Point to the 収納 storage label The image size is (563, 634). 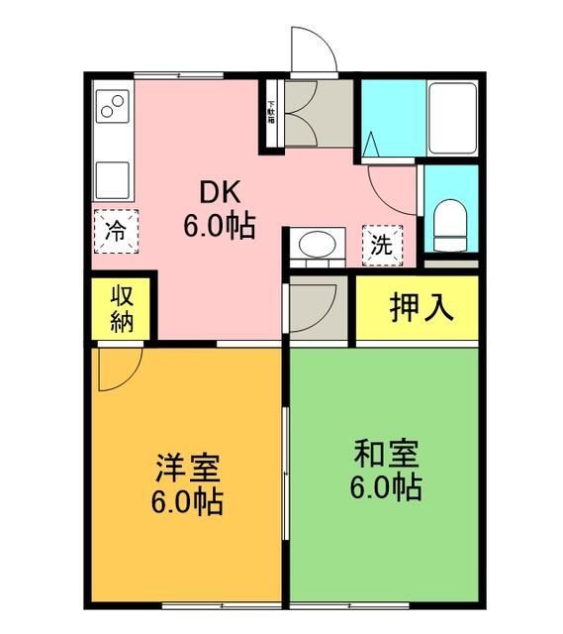(122, 308)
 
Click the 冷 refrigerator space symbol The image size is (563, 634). (116, 234)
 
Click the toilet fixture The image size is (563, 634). (450, 224)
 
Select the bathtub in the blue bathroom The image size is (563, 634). (451, 117)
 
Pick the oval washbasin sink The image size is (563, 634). (317, 245)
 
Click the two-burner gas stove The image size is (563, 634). (113, 107)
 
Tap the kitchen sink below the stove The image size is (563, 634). (113, 178)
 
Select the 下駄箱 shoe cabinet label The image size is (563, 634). (271, 110)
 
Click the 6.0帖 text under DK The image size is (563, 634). (219, 226)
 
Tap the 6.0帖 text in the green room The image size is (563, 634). (386, 487)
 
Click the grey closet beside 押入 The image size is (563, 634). (318, 308)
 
